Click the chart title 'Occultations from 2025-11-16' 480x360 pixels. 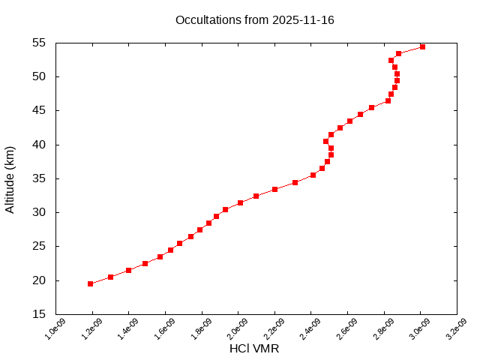pos(255,20)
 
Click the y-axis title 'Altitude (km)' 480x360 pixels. pos(10,179)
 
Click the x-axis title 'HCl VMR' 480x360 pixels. pos(254,349)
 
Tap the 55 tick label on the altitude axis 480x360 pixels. pos(40,43)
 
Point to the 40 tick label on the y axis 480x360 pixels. pos(40,145)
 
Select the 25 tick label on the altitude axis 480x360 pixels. pos(40,247)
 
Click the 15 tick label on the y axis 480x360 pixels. pos(40,314)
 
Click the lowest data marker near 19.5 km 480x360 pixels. pos(90,283)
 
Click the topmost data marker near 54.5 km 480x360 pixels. pos(422,46)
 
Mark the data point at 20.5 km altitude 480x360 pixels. pos(110,277)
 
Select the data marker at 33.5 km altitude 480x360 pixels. pos(274,189)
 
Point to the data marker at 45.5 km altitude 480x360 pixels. pos(371,107)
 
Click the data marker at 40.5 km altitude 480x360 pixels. pos(325,141)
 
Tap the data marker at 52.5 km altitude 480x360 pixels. pos(391,60)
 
